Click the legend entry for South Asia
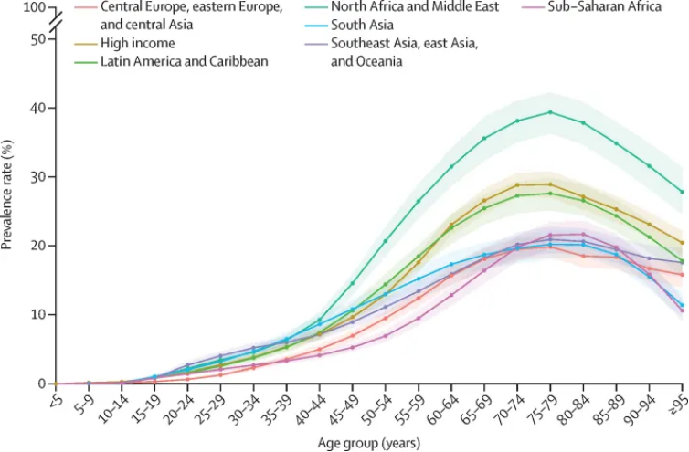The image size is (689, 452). pyautogui.click(x=364, y=25)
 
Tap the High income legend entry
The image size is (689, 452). pyautogui.click(x=137, y=43)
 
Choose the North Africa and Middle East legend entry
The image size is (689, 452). pyautogui.click(x=416, y=7)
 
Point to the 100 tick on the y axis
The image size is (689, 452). pyautogui.click(x=33, y=7)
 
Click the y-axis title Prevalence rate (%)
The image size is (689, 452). pyautogui.click(x=8, y=194)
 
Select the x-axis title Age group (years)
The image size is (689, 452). pyautogui.click(x=369, y=443)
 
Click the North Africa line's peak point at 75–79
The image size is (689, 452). pyautogui.click(x=550, y=112)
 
